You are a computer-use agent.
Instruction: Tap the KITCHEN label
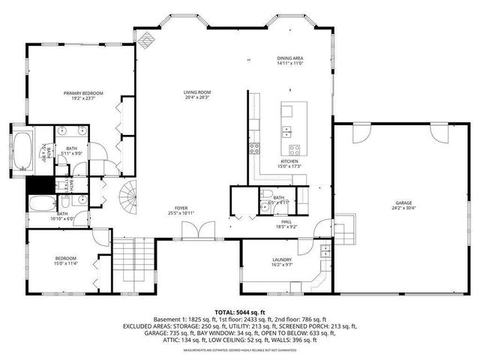(x=289, y=163)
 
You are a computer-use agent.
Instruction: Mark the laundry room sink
(x=325, y=250)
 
